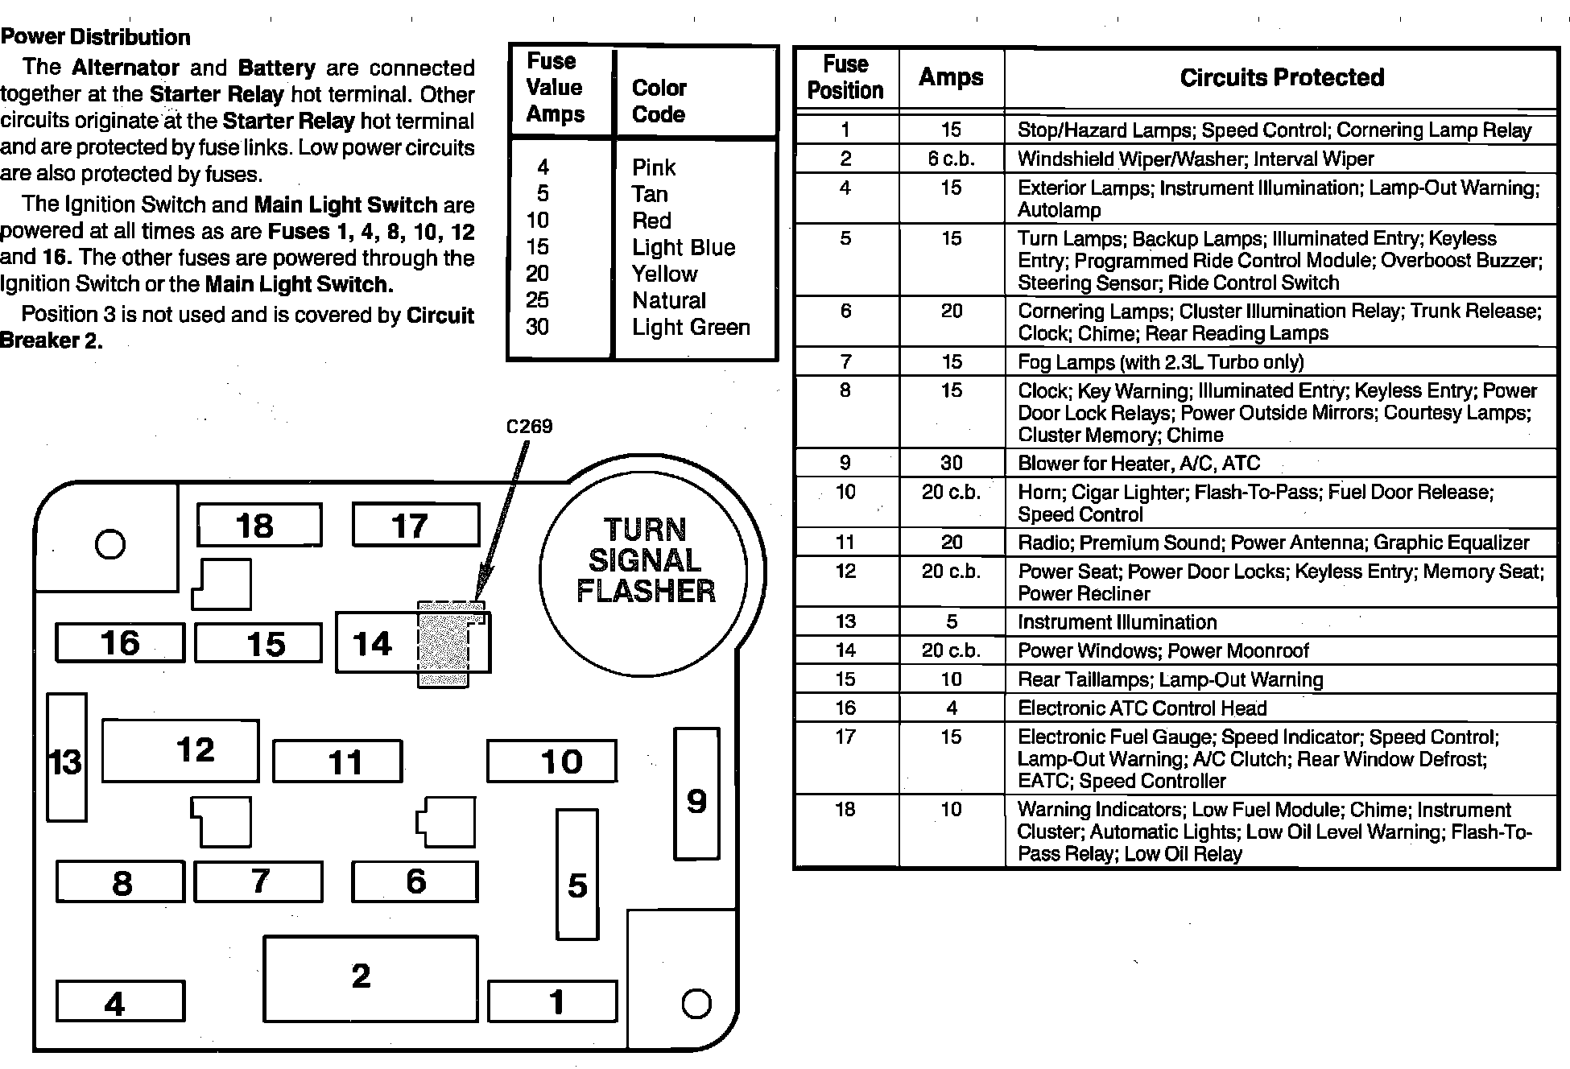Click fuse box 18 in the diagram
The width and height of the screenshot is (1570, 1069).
click(x=259, y=526)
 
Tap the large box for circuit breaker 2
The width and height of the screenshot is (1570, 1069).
click(x=370, y=978)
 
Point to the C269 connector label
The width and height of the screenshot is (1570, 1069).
click(x=529, y=426)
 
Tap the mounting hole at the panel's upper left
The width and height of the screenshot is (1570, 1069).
click(x=110, y=544)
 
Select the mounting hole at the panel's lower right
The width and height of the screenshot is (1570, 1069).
click(x=696, y=1003)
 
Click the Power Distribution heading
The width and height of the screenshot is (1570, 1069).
click(x=96, y=37)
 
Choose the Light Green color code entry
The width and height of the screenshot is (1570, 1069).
click(x=691, y=327)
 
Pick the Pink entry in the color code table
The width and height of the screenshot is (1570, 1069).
click(x=653, y=167)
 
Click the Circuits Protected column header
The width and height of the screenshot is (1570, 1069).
click(x=1282, y=77)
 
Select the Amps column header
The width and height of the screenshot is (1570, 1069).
click(x=951, y=77)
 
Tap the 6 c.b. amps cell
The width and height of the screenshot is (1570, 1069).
click(x=951, y=159)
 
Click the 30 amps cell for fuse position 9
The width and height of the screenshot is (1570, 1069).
click(x=951, y=463)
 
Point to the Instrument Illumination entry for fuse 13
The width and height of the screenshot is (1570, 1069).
click(x=1117, y=621)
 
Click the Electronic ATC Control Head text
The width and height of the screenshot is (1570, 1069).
click(x=1142, y=708)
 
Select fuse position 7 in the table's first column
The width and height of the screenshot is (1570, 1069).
click(x=845, y=361)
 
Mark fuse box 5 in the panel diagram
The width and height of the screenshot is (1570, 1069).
click(x=577, y=875)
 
